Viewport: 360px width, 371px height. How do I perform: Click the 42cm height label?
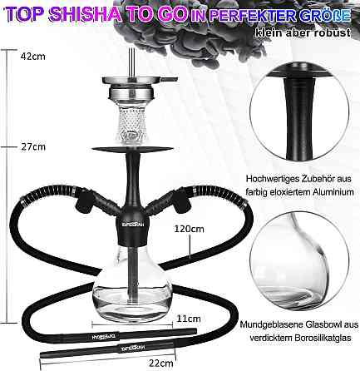(32, 57)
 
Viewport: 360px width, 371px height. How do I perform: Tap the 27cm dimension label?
(33, 146)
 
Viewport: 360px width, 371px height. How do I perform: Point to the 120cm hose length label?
(190, 229)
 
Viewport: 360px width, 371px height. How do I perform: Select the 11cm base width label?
(189, 319)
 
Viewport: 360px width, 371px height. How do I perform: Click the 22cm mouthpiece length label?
(161, 363)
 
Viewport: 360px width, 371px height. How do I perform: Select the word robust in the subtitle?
(333, 32)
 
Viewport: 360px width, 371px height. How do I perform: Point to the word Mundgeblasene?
(271, 324)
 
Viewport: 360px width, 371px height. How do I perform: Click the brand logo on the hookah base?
(132, 225)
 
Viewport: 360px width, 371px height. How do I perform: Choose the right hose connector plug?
(182, 202)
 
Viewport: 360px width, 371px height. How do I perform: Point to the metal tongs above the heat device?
(131, 62)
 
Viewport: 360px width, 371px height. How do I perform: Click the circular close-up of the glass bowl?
(298, 262)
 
